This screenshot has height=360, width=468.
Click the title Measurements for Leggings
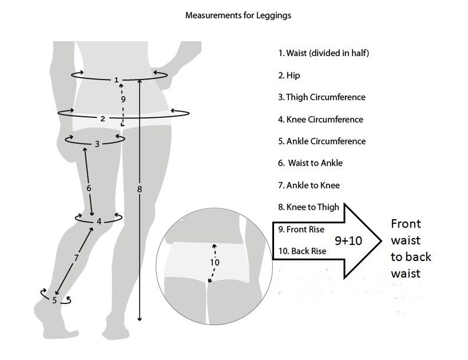(238, 15)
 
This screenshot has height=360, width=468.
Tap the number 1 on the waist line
(116, 80)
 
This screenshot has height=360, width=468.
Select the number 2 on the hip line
(103, 118)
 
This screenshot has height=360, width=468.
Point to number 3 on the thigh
(97, 144)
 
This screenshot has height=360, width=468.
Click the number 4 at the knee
(99, 222)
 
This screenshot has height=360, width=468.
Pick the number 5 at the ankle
(54, 300)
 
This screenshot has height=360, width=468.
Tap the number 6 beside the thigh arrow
(88, 188)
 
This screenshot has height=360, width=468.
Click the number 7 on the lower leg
(76, 257)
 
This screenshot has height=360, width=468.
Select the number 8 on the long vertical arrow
(139, 189)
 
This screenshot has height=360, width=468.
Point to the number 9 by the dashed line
(123, 100)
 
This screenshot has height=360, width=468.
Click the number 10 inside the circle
(215, 262)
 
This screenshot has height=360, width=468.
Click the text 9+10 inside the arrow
(348, 241)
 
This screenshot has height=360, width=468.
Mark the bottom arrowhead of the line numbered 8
(139, 319)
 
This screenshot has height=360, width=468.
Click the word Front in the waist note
(406, 224)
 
